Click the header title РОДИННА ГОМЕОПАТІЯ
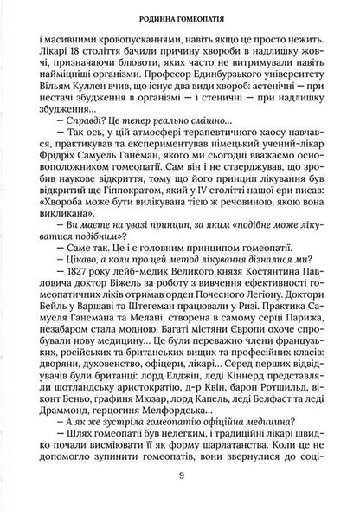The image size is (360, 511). tap(181, 15)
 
